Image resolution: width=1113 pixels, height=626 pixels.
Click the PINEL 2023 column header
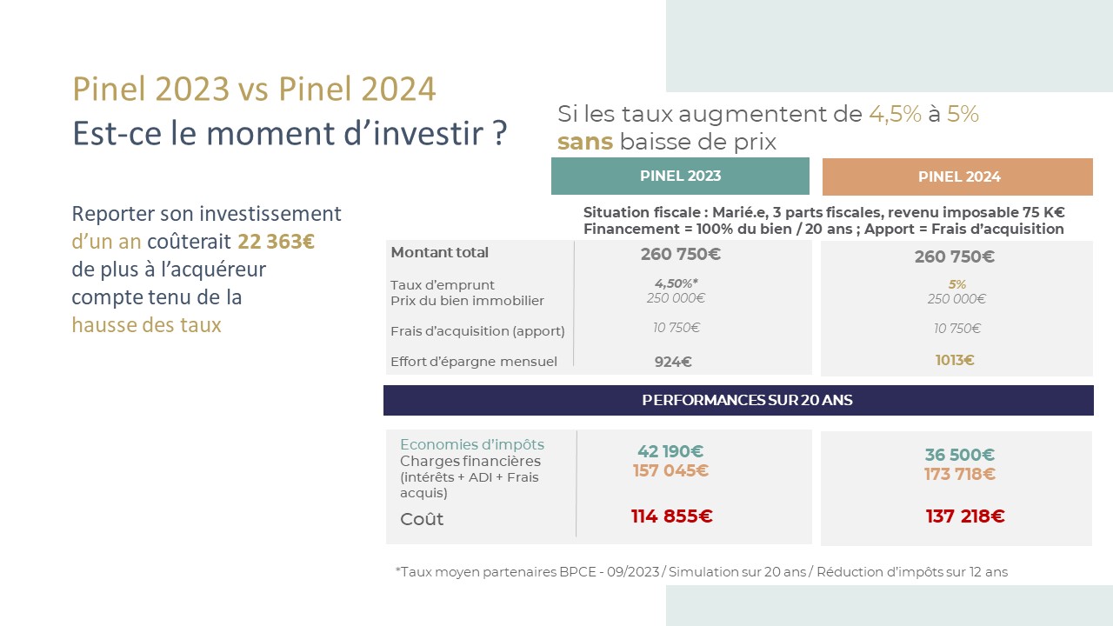click(680, 176)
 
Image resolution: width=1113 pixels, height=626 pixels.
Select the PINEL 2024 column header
click(957, 176)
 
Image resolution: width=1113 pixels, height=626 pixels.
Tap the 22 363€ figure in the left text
click(276, 242)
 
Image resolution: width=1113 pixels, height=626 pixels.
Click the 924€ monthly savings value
click(673, 362)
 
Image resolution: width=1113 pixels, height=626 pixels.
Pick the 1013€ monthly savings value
click(955, 360)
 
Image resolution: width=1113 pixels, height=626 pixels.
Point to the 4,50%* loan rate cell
click(676, 283)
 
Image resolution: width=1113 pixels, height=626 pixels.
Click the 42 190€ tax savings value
click(670, 451)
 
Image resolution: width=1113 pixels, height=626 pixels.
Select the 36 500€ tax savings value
click(959, 455)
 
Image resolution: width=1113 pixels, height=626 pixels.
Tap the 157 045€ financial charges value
click(670, 470)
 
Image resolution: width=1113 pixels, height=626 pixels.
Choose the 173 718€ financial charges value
click(959, 474)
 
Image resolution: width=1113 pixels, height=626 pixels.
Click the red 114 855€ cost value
click(672, 516)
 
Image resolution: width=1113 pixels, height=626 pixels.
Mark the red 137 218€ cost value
click(965, 516)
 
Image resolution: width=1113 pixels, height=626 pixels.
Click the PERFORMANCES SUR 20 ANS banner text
click(747, 400)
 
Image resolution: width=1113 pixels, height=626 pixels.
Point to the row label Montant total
click(440, 252)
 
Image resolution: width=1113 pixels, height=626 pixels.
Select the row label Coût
click(422, 519)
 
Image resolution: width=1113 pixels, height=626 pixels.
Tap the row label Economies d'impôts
click(472, 444)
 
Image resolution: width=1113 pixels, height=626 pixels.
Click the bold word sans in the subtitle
click(585, 142)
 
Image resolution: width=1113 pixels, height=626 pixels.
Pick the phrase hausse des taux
click(147, 325)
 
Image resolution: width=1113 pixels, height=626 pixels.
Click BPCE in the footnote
click(577, 572)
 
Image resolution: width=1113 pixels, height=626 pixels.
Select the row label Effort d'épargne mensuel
click(474, 362)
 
